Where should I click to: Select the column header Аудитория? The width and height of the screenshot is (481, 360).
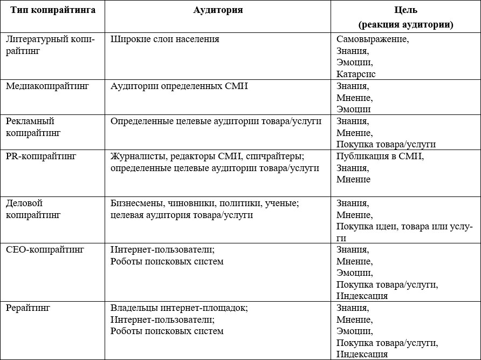[218, 10]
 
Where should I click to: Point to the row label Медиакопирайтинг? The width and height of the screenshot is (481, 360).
[47, 85]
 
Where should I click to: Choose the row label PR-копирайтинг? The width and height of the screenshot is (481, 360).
[41, 156]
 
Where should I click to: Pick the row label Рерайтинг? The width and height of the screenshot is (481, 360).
[28, 308]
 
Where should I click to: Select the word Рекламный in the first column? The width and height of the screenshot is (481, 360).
[30, 121]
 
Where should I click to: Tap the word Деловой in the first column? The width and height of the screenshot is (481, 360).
[24, 203]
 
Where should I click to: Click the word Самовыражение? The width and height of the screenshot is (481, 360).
[372, 39]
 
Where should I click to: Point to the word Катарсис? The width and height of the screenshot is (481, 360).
[356, 74]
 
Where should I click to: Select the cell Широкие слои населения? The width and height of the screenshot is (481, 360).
[165, 39]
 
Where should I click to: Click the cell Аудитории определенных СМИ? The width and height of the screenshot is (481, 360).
[179, 85]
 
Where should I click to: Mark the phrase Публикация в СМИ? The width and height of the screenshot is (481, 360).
[380, 156]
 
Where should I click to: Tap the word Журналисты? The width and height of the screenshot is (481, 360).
[138, 156]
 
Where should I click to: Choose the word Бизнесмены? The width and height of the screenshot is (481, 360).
[138, 203]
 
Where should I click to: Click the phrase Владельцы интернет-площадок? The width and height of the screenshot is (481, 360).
[179, 308]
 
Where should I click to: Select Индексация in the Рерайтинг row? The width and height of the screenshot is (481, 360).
[362, 354]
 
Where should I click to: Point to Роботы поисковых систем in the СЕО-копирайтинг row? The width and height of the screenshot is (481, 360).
[167, 261]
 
